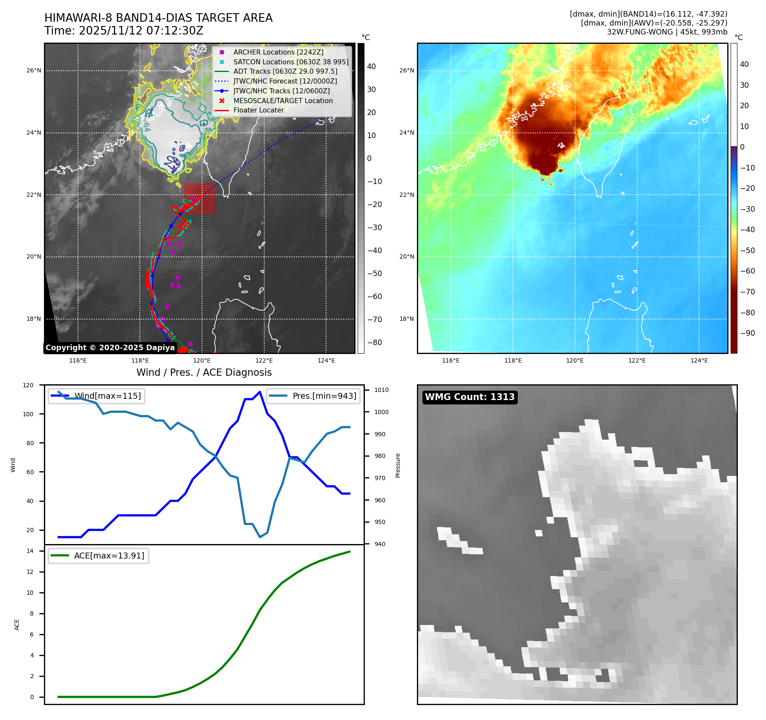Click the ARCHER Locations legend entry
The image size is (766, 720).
278,52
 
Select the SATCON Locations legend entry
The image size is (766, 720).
290,62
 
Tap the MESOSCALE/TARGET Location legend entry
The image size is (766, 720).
283,101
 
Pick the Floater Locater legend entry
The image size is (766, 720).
258,110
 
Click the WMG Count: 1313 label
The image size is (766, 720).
470,397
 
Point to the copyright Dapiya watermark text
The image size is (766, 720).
110,348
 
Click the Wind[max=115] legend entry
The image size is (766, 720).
107,396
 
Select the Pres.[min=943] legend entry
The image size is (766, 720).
324,396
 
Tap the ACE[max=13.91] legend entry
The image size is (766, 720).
109,556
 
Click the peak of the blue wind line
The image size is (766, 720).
260,392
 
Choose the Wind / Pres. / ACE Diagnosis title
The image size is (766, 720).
204,372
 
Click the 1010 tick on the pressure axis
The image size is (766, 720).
382,390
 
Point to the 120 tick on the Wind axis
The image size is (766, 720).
28,385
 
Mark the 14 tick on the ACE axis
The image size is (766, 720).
30,551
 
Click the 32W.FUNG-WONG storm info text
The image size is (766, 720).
667,32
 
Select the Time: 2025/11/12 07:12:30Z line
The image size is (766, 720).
124,31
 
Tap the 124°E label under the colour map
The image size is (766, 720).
699,361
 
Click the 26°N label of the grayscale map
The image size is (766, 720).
34,71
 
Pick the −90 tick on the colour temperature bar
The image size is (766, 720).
747,333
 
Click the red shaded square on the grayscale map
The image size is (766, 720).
199,198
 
